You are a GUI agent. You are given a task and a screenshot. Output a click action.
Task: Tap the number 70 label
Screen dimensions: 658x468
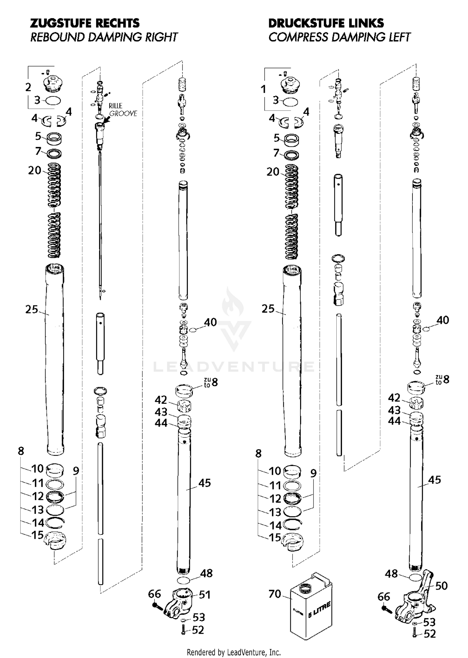(x=275, y=594)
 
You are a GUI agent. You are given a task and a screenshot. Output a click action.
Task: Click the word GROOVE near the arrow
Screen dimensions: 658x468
(x=123, y=114)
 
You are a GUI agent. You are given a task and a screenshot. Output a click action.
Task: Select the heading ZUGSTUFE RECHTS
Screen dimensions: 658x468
(x=85, y=23)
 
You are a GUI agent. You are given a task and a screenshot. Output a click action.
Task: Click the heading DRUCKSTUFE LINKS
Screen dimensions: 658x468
(x=326, y=23)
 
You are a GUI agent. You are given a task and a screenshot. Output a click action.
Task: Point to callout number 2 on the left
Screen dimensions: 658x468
(x=28, y=87)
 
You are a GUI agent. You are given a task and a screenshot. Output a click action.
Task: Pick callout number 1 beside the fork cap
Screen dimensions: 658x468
(x=264, y=89)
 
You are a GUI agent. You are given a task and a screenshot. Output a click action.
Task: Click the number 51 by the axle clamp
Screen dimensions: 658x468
(x=205, y=595)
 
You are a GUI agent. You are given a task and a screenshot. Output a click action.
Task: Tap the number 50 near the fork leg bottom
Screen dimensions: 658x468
(x=441, y=586)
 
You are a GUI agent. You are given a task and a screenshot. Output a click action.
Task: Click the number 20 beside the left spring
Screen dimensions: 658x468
(x=35, y=170)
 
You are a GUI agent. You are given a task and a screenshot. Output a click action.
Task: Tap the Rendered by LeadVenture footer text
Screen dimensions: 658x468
(x=234, y=652)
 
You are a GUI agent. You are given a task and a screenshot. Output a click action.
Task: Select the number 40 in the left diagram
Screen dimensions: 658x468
(x=210, y=322)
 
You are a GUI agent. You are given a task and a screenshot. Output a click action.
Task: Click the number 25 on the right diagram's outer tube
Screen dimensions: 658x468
(x=268, y=309)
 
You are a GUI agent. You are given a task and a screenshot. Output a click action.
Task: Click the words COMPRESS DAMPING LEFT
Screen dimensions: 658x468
(x=339, y=37)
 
